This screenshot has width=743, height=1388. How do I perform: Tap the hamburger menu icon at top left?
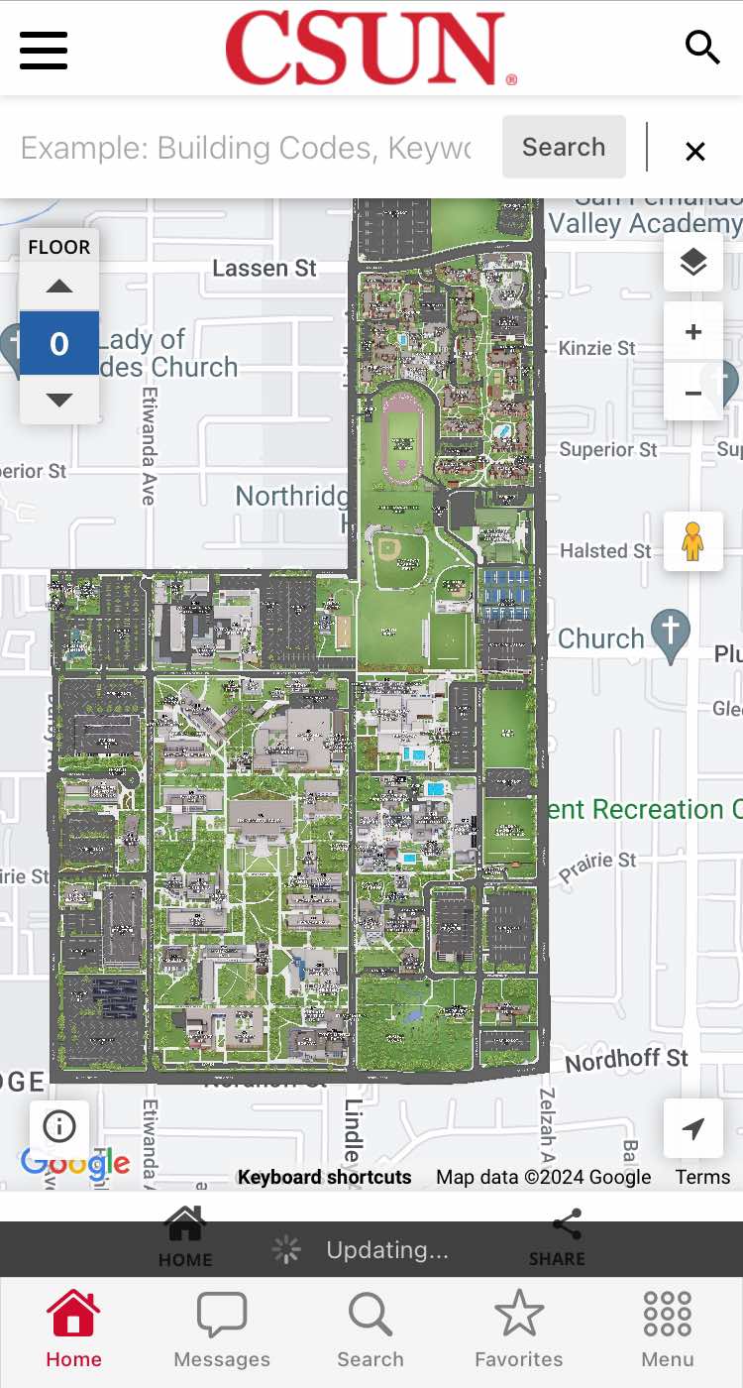click(44, 50)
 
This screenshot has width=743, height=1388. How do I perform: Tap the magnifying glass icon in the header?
click(701, 47)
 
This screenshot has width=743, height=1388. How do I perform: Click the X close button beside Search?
click(695, 151)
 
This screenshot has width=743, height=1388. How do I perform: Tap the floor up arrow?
click(59, 287)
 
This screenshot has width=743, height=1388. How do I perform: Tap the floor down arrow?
click(59, 400)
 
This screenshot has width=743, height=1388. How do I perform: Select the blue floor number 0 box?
click(59, 343)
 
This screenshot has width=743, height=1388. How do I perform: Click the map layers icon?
click(693, 262)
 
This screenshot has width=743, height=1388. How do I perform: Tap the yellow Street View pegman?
click(692, 541)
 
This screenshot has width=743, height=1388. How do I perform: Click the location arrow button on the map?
click(693, 1128)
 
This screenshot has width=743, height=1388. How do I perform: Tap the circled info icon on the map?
click(59, 1126)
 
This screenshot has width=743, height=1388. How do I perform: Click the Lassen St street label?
click(265, 268)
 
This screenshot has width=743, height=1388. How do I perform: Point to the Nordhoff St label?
click(626, 1060)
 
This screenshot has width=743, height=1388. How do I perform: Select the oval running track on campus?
click(401, 435)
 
